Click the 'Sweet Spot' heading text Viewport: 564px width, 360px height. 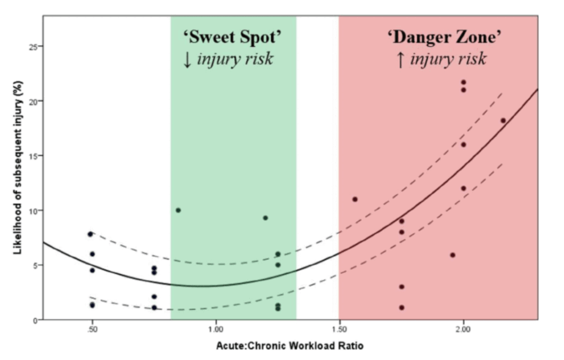coord(233,37)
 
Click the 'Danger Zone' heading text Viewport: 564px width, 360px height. coord(444,37)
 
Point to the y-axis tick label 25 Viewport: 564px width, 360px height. coord(33,47)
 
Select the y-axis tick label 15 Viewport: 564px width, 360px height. coord(33,156)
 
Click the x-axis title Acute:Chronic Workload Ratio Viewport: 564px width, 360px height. coord(290,346)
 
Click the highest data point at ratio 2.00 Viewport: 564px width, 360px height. coord(463,83)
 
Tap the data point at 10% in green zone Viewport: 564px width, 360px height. coord(178,210)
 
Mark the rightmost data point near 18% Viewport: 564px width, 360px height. coord(503,121)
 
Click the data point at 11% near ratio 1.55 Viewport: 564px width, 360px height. coord(355,199)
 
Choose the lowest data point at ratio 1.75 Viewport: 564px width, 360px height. coord(402,308)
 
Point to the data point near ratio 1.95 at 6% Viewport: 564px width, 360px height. coord(453,255)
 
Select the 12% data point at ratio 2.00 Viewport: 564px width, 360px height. coord(463,188)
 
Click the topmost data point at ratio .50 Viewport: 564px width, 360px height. coord(90,234)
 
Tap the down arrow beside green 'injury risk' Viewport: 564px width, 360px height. coord(187,59)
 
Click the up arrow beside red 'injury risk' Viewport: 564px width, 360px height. coord(400,59)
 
